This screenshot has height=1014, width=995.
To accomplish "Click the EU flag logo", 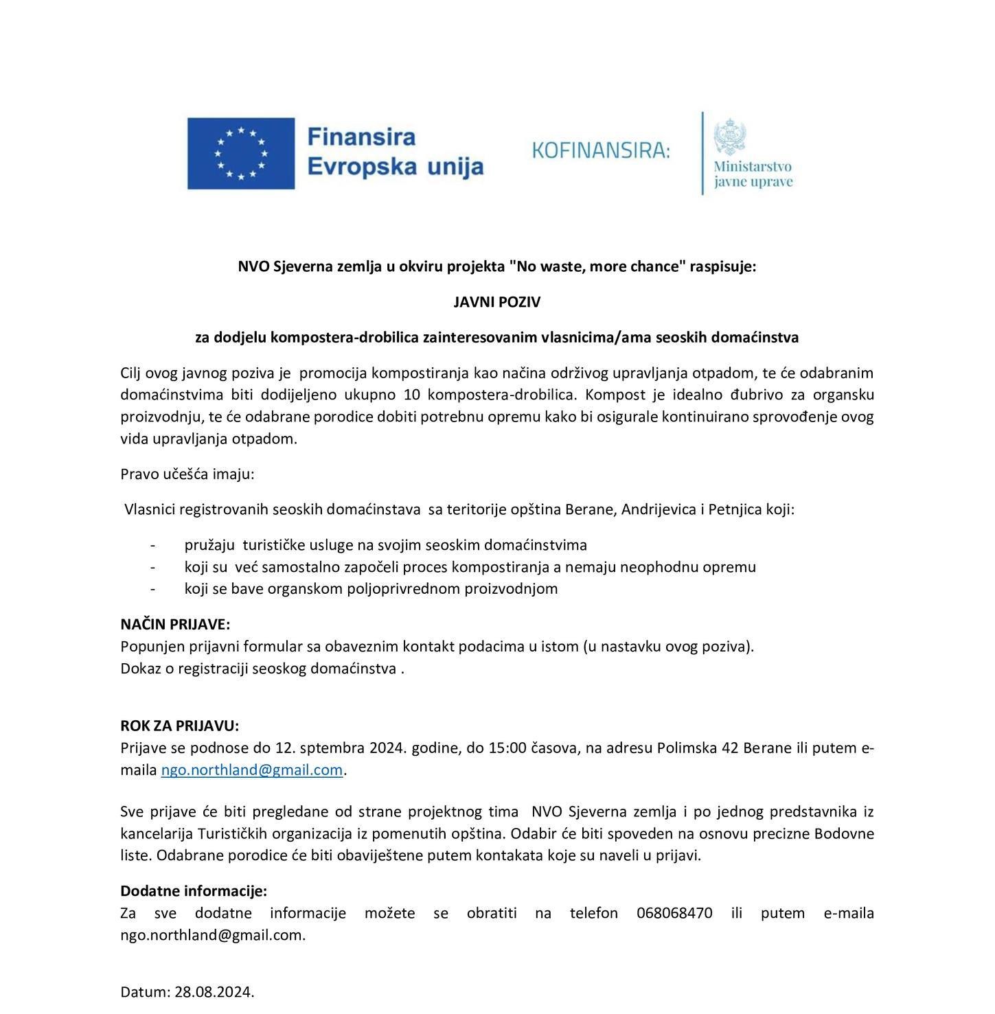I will (x=241, y=153).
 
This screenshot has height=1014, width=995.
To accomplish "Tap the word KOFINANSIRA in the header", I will (x=600, y=150).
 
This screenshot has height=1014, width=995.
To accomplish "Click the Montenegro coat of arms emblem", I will (x=730, y=136).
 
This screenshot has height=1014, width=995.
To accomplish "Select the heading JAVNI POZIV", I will (x=496, y=302).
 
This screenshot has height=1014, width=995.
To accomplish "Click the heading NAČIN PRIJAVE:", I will (x=175, y=624).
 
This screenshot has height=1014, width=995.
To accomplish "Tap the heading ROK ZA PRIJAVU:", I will (x=180, y=726).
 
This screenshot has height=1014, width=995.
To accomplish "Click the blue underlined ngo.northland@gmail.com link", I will (x=251, y=770).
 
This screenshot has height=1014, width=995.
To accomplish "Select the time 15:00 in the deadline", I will (x=507, y=748).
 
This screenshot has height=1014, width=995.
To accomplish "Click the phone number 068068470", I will (x=674, y=913).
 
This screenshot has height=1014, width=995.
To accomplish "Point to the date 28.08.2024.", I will (x=214, y=991).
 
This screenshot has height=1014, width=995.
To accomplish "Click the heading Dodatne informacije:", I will (x=194, y=891).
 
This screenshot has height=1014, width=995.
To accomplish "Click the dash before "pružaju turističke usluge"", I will (x=152, y=545).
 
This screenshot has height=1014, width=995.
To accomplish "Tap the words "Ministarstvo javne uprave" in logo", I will (x=753, y=174).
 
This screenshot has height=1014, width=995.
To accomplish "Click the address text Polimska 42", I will (x=698, y=748).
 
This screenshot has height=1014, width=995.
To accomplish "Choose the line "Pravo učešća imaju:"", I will (x=187, y=474).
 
